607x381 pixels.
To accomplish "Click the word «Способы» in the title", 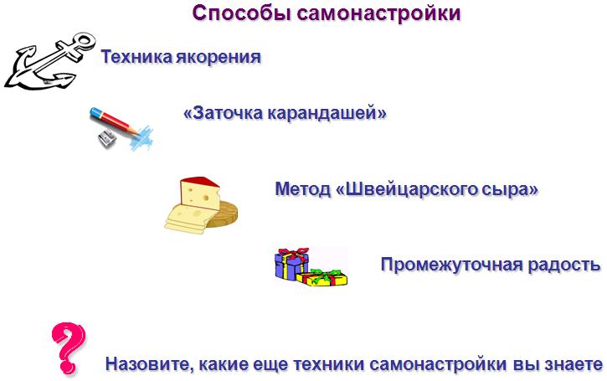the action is (x=242, y=13).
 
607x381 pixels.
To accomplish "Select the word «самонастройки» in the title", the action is (x=379, y=13).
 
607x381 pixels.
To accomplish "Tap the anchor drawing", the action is (x=50, y=62).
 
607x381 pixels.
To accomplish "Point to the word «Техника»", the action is (x=136, y=57).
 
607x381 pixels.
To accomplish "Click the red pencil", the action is (x=114, y=121).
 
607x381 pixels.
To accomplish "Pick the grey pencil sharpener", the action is (x=107, y=138).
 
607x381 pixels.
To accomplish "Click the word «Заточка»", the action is (x=224, y=113).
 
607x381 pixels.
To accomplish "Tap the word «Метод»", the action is (x=303, y=189).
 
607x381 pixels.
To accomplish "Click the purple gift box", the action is (x=291, y=263).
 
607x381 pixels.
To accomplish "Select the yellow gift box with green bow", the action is (x=322, y=278).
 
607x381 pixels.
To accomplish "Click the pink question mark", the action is (x=69, y=348).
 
